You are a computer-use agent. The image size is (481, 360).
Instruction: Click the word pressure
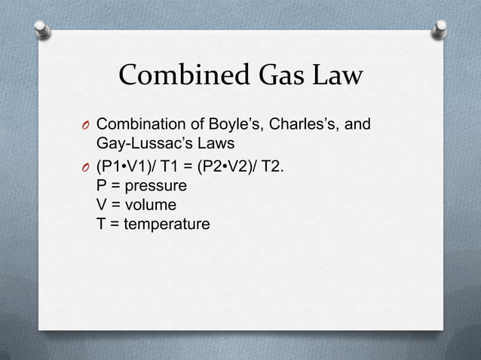click(x=158, y=185)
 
